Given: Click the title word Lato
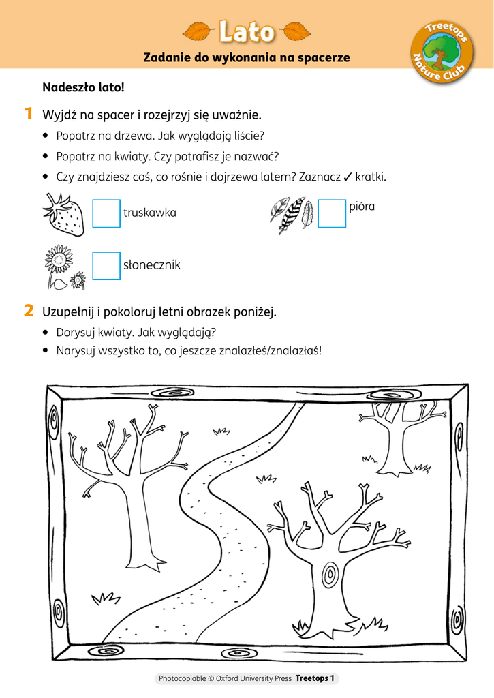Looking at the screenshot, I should click(x=247, y=31).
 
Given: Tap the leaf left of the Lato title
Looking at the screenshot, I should click(x=198, y=31).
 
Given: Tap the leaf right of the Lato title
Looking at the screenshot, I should click(x=296, y=31).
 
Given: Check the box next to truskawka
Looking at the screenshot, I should click(x=106, y=213).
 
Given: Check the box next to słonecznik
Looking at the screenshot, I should click(x=106, y=266).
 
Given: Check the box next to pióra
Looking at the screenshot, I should click(x=332, y=213).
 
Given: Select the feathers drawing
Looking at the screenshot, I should click(x=291, y=214).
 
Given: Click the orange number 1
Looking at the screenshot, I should click(x=29, y=113).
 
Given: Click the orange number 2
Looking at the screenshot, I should click(x=29, y=312).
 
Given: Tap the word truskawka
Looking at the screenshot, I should click(x=150, y=213).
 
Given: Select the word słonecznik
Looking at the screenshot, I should click(x=152, y=265).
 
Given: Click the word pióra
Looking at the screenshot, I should click(x=362, y=207).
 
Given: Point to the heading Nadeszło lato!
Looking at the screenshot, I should click(x=83, y=88).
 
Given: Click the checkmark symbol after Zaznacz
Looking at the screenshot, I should click(x=348, y=177).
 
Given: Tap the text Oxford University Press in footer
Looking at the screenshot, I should click(x=253, y=679).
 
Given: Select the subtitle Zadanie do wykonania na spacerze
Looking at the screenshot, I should click(x=247, y=58).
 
